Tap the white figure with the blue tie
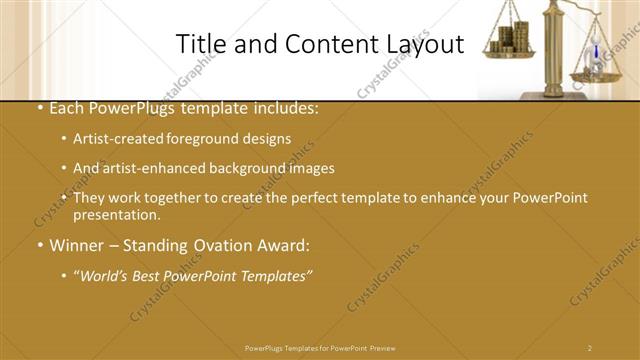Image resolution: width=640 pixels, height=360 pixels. click(x=596, y=52)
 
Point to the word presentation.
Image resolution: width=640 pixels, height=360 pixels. click(x=115, y=215)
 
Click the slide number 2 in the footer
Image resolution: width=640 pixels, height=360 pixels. click(x=590, y=347)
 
